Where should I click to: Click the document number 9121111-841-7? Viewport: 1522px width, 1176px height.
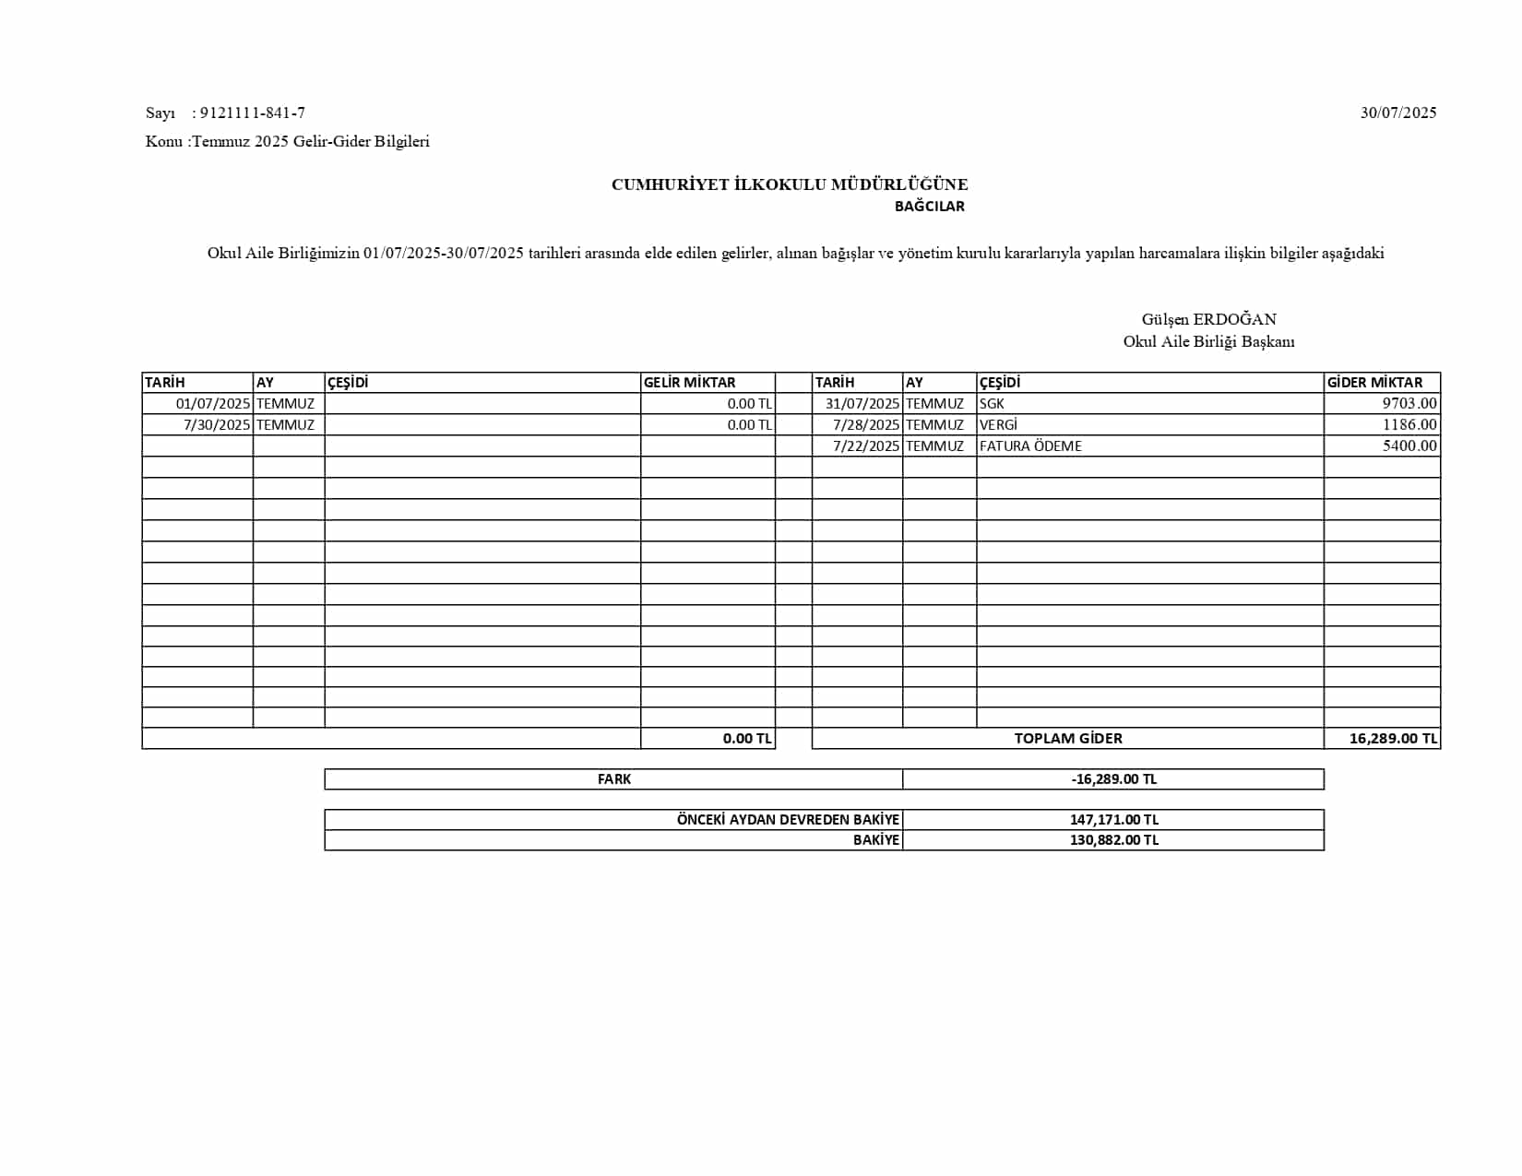point(252,113)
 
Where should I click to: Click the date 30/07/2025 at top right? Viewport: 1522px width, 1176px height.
point(1397,113)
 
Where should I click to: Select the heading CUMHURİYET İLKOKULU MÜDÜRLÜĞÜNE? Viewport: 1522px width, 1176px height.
point(790,184)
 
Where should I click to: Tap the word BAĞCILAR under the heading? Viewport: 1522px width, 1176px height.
point(929,207)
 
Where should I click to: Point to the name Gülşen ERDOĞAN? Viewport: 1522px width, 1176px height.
point(1208,319)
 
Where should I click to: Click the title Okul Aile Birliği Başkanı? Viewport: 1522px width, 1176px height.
point(1208,341)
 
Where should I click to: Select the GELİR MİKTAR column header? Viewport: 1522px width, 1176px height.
point(689,383)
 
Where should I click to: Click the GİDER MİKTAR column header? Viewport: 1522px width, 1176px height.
point(1374,383)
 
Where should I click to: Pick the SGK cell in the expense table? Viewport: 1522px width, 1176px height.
point(992,404)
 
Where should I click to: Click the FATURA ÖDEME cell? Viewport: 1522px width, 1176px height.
point(1030,446)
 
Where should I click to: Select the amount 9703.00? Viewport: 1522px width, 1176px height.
point(1409,404)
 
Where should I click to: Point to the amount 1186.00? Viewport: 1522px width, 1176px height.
point(1409,425)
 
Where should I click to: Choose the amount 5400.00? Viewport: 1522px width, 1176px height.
point(1409,446)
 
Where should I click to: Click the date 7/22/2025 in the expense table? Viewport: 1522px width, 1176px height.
point(865,446)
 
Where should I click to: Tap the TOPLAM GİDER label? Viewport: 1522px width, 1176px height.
point(1068,739)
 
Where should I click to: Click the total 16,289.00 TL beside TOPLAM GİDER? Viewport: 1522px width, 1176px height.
point(1393,739)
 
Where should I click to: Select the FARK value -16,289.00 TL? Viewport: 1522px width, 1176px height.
point(1113,779)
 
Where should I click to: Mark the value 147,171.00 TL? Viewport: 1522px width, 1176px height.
point(1113,820)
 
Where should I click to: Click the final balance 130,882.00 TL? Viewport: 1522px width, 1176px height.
point(1113,840)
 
